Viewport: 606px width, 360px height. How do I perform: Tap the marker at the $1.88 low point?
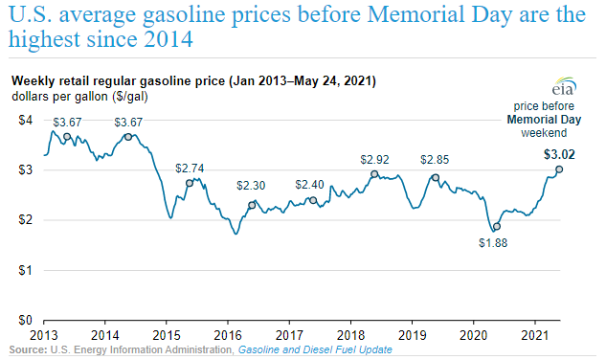point(496,227)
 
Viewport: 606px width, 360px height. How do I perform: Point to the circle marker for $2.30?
point(252,205)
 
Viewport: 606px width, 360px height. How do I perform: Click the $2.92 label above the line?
point(374,159)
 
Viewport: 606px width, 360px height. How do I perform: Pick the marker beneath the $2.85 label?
point(435,177)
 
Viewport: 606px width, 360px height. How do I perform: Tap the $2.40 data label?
point(310,184)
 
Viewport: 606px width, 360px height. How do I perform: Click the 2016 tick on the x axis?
point(228,337)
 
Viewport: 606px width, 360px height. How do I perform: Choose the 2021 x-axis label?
point(534,337)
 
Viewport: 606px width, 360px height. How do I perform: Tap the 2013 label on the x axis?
point(44,337)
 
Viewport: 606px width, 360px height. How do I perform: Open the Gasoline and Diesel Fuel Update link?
point(315,351)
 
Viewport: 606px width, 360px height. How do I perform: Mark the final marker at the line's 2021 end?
point(559,169)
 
